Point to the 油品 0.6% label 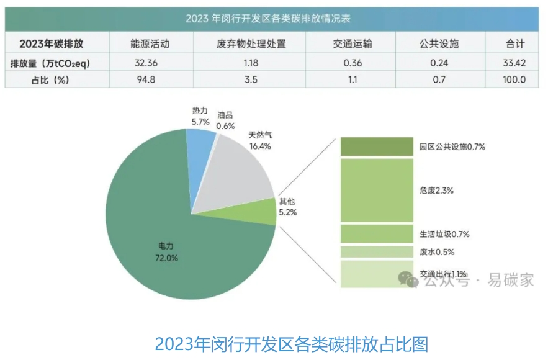point(225,120)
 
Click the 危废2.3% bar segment point(376,190)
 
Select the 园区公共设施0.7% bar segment point(376,146)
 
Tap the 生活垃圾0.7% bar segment point(376,234)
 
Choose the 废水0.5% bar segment point(376,252)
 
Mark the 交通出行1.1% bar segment point(376,274)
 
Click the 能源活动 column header point(150,43)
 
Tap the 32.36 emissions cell point(150,63)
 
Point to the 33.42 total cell point(514,63)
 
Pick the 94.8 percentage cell point(150,79)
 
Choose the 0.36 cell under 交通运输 point(352,63)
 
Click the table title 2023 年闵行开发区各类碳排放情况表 point(272,19)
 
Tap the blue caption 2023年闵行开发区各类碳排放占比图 point(291,344)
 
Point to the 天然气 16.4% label point(260,140)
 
